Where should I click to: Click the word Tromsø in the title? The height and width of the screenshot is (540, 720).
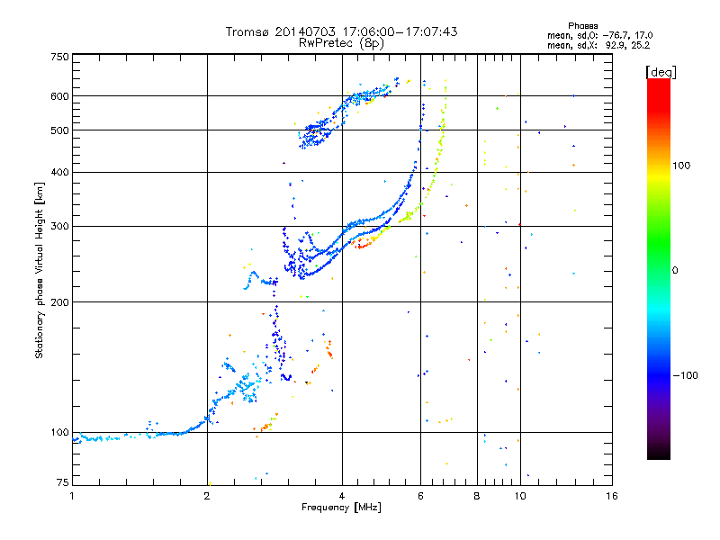(248, 31)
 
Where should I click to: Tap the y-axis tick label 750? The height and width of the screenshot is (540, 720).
(59, 56)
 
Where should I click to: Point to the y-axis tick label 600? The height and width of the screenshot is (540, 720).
(59, 96)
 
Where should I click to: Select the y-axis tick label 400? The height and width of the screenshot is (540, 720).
(59, 173)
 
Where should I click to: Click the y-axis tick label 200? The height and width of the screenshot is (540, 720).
(59, 302)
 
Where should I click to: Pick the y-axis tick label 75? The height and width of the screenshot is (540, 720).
(62, 484)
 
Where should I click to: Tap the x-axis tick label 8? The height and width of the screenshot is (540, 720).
(477, 496)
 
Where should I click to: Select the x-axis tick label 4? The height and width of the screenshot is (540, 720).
(342, 496)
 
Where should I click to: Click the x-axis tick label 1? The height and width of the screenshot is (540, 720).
(73, 496)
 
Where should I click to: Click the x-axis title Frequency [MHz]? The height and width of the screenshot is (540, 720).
(341, 508)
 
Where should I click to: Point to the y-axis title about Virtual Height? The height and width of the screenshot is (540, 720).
(40, 270)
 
